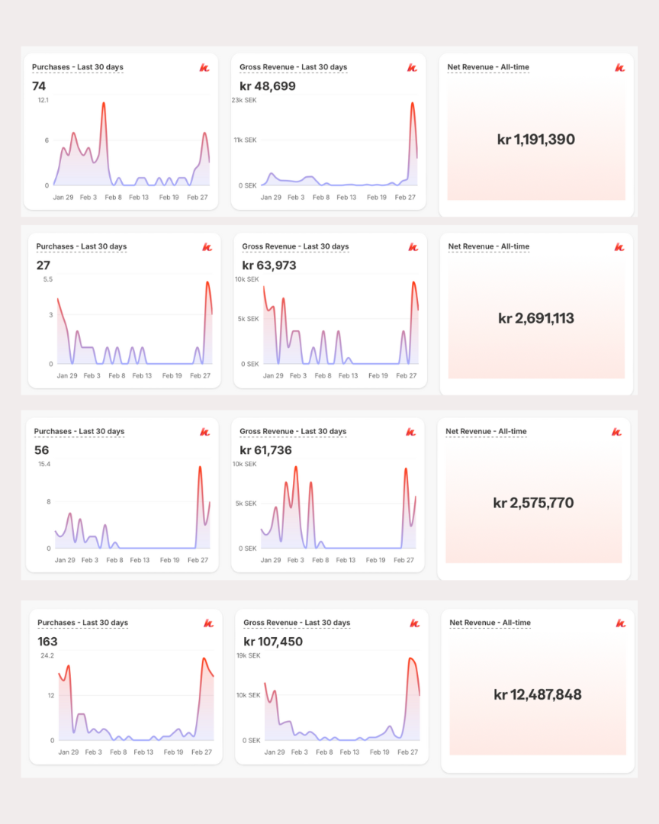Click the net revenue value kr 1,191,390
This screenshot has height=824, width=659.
click(x=535, y=140)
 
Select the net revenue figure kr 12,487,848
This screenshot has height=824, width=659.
click(x=537, y=694)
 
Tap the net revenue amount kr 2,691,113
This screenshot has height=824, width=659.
click(x=535, y=318)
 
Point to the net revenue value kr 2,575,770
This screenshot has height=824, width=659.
click(x=533, y=503)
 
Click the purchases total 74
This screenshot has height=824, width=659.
click(x=39, y=86)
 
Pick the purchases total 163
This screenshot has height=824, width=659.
click(x=47, y=642)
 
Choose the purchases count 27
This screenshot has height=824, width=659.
click(x=43, y=266)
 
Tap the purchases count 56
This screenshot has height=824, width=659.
click(x=41, y=450)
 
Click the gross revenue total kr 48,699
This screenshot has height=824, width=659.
click(x=268, y=86)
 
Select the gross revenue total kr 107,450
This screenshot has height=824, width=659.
click(x=273, y=642)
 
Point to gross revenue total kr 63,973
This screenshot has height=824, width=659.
click(x=269, y=266)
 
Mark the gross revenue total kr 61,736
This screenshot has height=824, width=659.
click(x=266, y=450)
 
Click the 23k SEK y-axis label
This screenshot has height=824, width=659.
click(x=244, y=100)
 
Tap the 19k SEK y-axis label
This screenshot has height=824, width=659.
click(x=248, y=655)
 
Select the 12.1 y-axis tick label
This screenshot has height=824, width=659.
click(x=43, y=100)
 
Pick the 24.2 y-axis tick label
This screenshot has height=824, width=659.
click(x=47, y=655)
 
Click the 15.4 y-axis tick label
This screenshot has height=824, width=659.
click(x=43, y=464)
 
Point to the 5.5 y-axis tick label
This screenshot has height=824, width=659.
click(x=48, y=279)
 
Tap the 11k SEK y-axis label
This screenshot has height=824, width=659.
click(x=244, y=140)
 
